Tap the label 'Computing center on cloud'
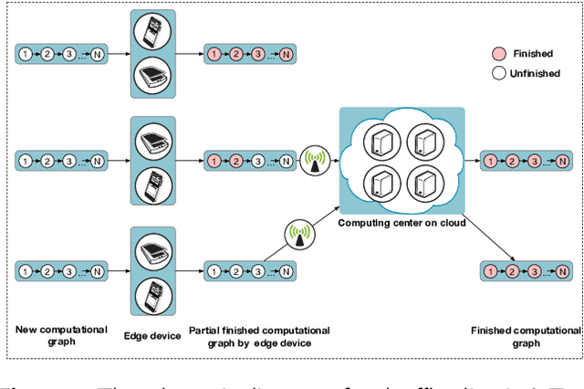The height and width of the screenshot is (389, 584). (401, 223)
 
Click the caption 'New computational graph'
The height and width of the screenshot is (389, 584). (63, 336)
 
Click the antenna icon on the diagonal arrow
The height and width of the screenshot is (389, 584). (298, 232)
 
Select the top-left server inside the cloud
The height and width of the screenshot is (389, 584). (379, 142)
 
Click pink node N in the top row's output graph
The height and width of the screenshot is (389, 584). (286, 54)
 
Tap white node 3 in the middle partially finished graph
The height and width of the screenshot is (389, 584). (258, 162)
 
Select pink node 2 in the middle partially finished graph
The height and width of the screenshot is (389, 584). (236, 162)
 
